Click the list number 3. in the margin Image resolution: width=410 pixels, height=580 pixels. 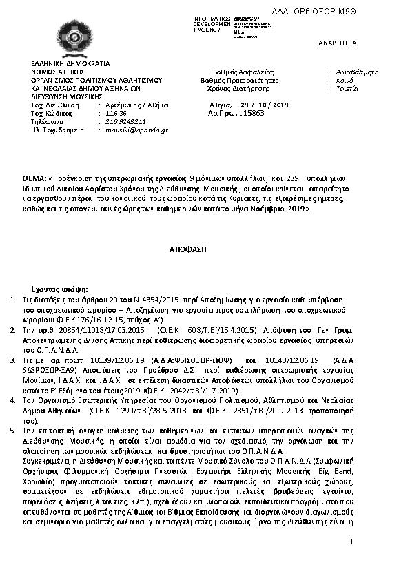(13, 360)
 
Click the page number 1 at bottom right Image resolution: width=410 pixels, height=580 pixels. (351, 541)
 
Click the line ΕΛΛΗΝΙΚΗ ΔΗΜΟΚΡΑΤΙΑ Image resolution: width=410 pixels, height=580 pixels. (65, 63)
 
